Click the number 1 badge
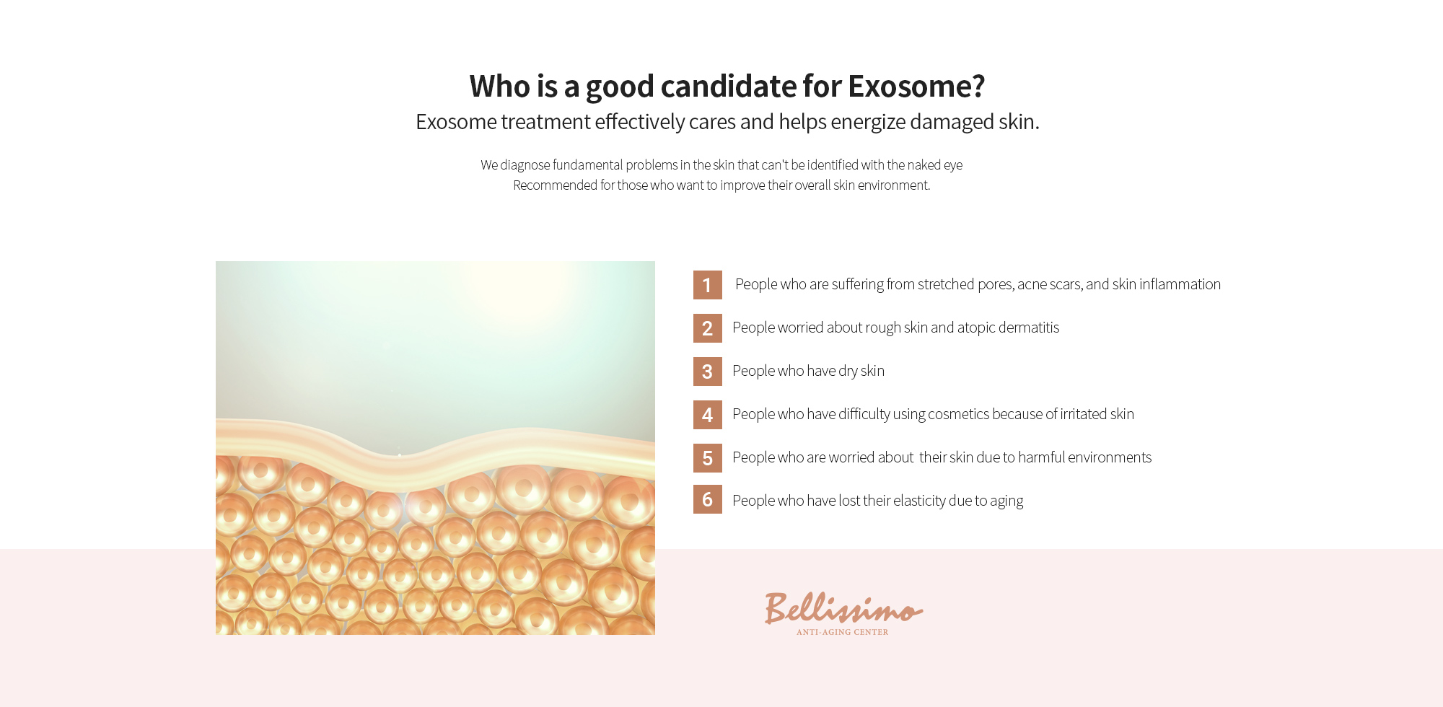(707, 285)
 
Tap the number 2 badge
(707, 328)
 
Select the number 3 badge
(707, 372)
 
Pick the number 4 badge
(707, 415)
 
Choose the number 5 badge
(707, 458)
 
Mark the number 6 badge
(707, 499)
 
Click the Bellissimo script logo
(843, 608)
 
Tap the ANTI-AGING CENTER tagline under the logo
(842, 632)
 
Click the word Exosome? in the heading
(916, 86)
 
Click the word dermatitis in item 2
(1029, 328)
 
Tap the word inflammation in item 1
(1180, 284)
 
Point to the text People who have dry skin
(808, 371)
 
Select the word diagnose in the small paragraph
(525, 165)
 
